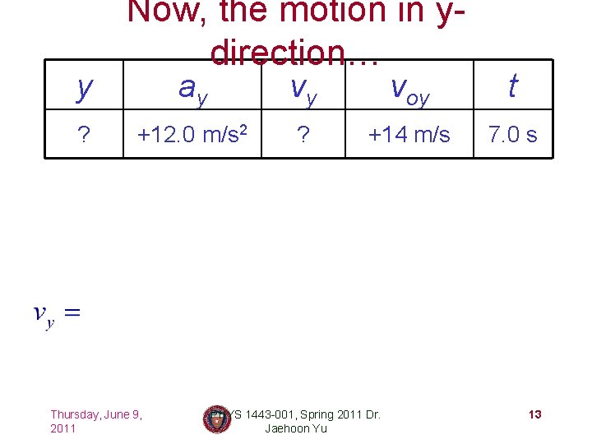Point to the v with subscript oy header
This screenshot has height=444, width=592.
click(409, 88)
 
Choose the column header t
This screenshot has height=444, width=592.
click(512, 85)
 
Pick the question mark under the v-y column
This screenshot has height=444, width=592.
click(303, 134)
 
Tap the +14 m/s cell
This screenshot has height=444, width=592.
click(409, 133)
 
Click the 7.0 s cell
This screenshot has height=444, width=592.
click(512, 133)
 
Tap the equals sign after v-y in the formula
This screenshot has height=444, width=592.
click(72, 312)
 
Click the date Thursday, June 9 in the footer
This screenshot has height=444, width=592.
click(96, 414)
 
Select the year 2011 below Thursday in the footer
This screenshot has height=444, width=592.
click(63, 428)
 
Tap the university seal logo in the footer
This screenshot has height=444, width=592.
click(216, 419)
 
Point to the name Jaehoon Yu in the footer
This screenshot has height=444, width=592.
click(296, 428)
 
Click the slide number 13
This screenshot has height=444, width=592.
click(534, 414)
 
